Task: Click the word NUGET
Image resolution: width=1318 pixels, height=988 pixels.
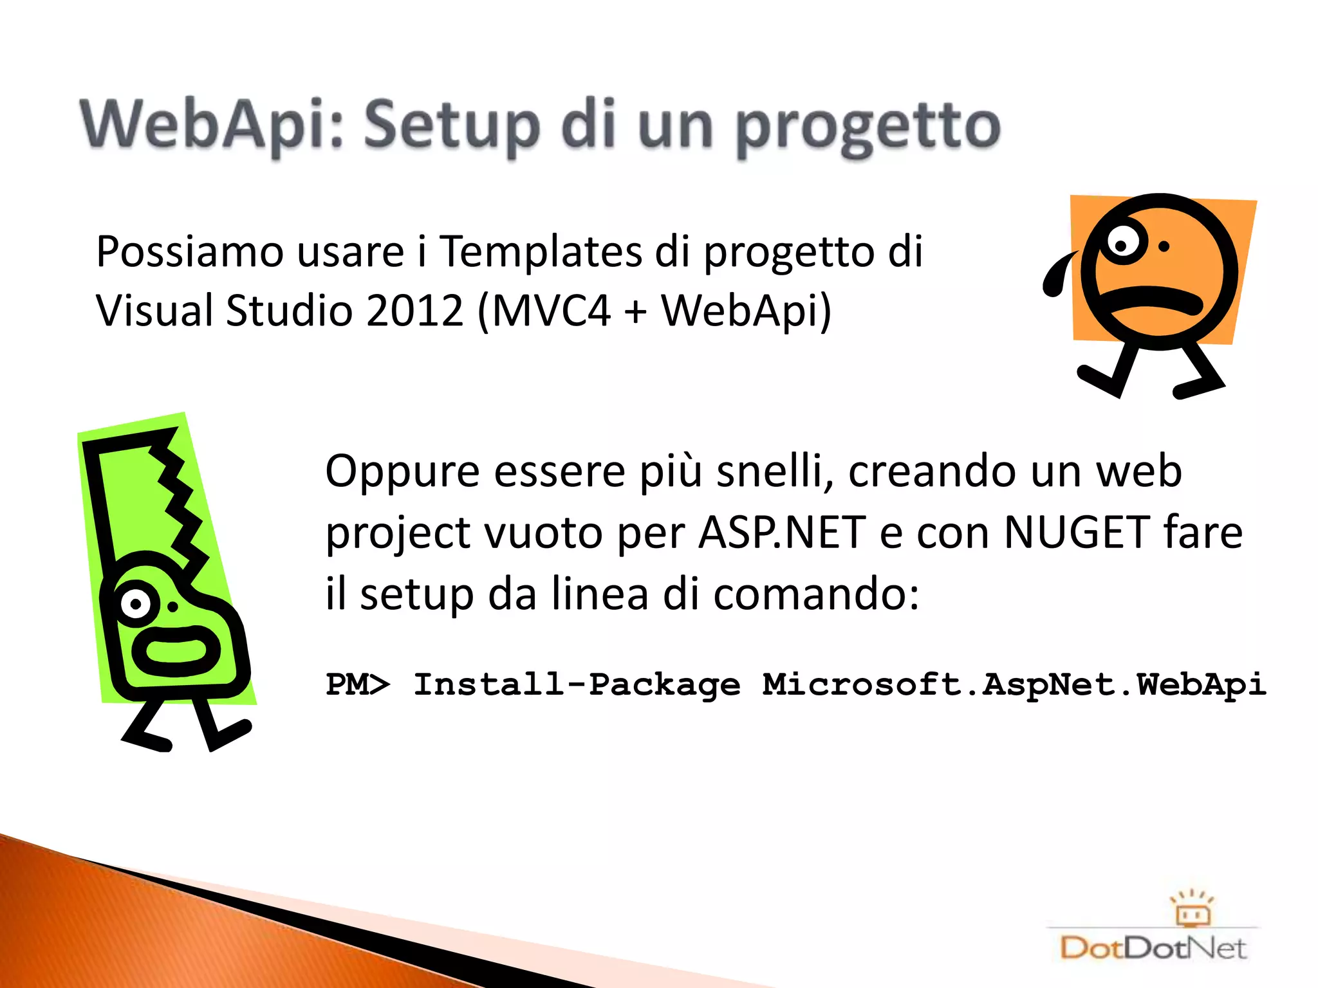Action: point(1077,533)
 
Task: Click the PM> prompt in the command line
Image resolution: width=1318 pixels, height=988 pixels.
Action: point(358,684)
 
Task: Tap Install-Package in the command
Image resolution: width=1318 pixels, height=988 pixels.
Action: point(577,684)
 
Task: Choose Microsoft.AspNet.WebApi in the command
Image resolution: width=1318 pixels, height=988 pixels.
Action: point(1014,684)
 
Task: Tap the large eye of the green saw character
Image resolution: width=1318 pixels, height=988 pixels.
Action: point(136,603)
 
